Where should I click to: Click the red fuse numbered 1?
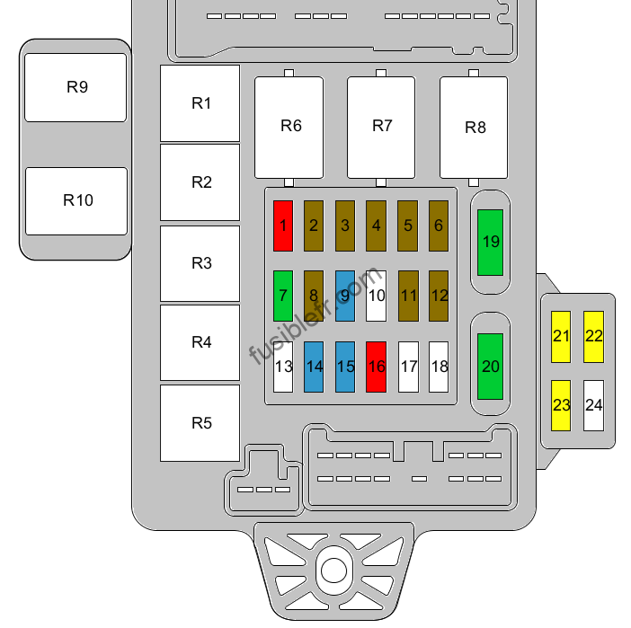pos(283,226)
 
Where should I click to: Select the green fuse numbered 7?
pos(283,296)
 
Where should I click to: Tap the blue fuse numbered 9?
pos(345,296)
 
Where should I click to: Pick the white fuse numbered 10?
pos(376,296)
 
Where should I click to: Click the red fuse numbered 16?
pos(376,367)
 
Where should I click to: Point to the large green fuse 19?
pos(490,243)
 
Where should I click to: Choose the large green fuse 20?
pos(490,367)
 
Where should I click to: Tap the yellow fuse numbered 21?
pos(561,337)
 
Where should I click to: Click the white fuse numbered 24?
pos(593,405)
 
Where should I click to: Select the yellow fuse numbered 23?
pos(561,405)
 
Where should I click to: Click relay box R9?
pos(76,88)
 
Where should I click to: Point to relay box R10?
pos(76,201)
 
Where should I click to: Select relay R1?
pos(200,103)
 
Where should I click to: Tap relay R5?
pos(200,423)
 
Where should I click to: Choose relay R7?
pos(381,128)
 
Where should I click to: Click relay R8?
pos(474,128)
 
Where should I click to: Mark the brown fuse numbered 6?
pos(439,226)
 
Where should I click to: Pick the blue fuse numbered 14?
pos(314,367)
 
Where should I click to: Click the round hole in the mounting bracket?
pos(333,571)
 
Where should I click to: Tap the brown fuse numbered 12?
pos(439,296)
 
